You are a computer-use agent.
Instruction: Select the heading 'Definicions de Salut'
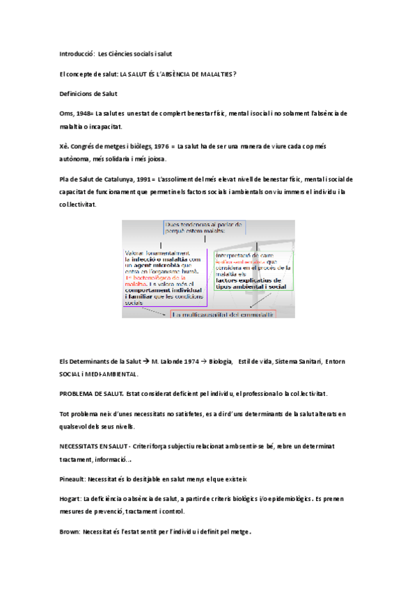tap(88, 93)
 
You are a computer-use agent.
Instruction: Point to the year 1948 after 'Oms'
tap(84, 113)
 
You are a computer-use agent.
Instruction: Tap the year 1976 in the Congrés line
tap(162, 147)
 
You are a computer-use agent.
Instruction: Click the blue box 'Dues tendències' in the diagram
tap(203, 228)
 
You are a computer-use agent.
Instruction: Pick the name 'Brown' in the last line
tap(70, 532)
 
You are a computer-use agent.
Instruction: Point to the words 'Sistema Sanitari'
tap(299, 362)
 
